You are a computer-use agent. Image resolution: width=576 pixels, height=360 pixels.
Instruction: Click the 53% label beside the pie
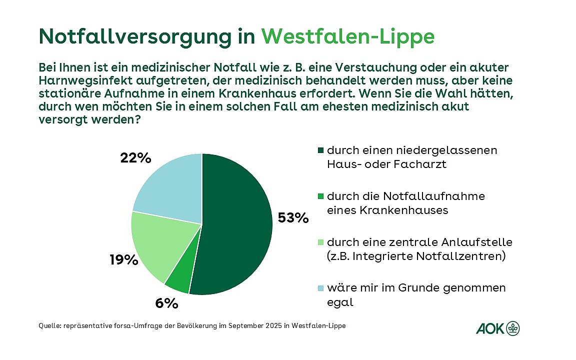[293, 218]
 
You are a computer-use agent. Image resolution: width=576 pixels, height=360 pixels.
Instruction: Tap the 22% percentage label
[135, 158]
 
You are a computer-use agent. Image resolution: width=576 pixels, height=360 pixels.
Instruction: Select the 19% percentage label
[123, 259]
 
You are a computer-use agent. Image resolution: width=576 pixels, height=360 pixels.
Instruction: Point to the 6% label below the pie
[166, 303]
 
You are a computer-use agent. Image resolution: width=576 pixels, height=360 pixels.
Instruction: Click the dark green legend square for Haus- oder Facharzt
[321, 150]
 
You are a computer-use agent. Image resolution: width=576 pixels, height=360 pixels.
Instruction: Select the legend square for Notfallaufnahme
[321, 196]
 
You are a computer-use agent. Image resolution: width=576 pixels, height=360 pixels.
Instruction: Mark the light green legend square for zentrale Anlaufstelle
[321, 242]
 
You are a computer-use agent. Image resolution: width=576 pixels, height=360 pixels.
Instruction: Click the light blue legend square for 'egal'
[321, 288]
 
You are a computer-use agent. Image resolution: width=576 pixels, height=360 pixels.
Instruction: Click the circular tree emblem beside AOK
[513, 328]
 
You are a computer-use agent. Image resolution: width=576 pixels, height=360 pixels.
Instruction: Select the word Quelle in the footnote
[48, 325]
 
